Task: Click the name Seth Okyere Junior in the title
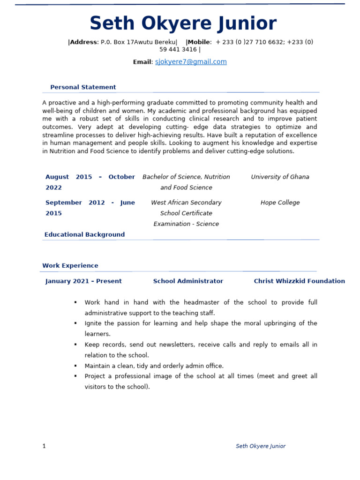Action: pyautogui.click(x=183, y=23)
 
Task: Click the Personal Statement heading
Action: pyautogui.click(x=83, y=87)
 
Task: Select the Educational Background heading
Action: pyautogui.click(x=84, y=234)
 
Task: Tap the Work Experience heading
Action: pyautogui.click(x=70, y=266)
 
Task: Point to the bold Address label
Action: pyautogui.click(x=83, y=42)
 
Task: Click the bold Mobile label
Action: pyautogui.click(x=199, y=42)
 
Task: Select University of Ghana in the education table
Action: pyautogui.click(x=280, y=177)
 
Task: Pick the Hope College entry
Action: pyautogui.click(x=280, y=202)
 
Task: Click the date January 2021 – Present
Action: pyautogui.click(x=83, y=281)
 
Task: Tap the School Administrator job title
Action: pyautogui.click(x=188, y=281)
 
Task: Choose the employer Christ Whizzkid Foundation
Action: pyautogui.click(x=299, y=281)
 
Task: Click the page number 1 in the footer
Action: pyautogui.click(x=44, y=446)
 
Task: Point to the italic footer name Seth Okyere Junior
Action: pyautogui.click(x=260, y=446)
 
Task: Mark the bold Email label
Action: pyautogui.click(x=142, y=62)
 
